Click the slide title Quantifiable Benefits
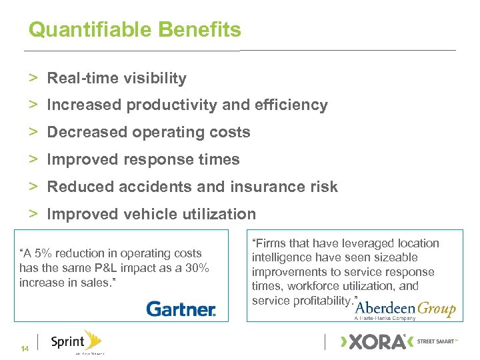[135, 30]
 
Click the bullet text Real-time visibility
[117, 79]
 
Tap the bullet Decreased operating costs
[149, 133]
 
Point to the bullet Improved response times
[143, 160]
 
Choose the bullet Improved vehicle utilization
[151, 214]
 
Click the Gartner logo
[181, 309]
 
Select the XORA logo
[374, 342]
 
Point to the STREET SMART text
[437, 341]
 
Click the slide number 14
[25, 349]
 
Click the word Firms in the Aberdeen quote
[268, 243]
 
